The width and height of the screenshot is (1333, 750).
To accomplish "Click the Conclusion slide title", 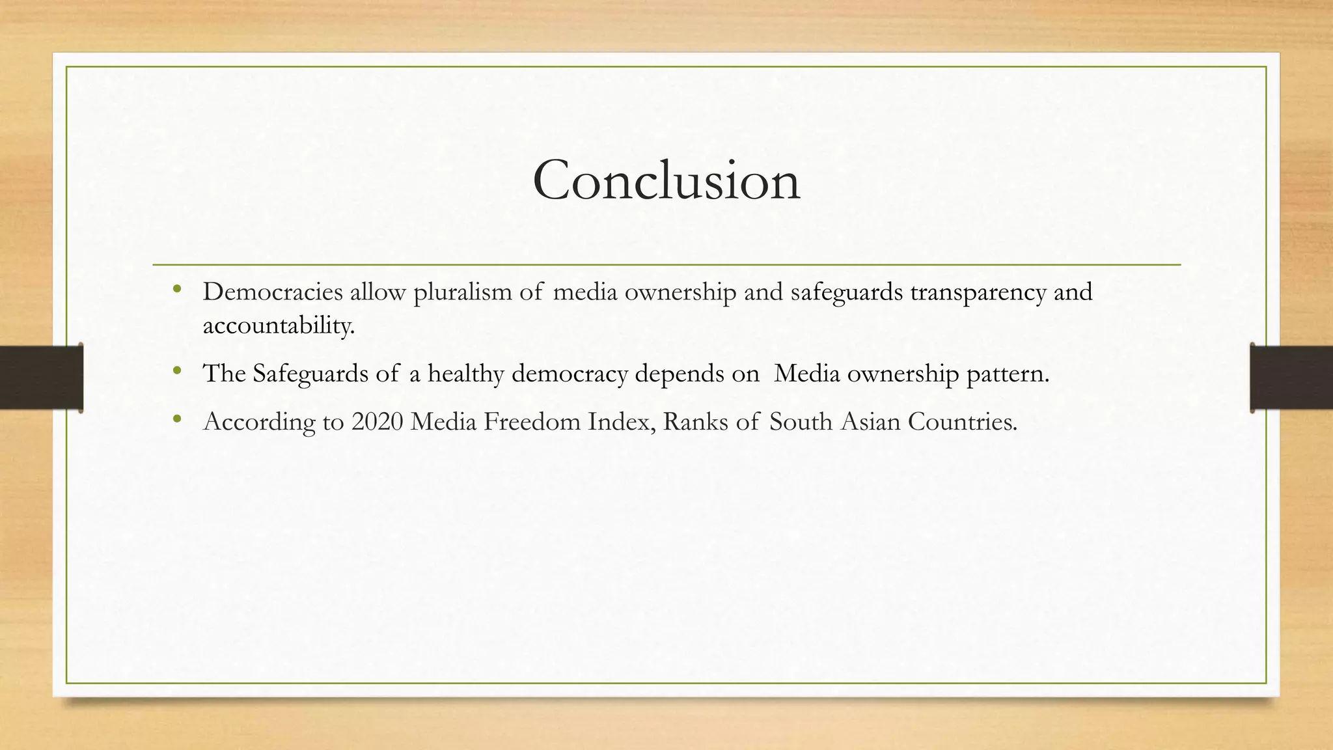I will (x=666, y=180).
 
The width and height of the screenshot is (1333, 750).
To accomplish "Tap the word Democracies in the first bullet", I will (x=273, y=292).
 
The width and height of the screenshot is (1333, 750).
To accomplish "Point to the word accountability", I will (x=279, y=325).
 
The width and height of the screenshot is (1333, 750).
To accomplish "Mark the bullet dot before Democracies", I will (x=178, y=290).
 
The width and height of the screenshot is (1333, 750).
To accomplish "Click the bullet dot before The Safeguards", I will (x=178, y=371).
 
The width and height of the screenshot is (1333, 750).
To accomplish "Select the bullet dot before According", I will (x=178, y=420).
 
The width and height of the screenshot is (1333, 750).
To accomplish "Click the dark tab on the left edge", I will (x=41, y=378).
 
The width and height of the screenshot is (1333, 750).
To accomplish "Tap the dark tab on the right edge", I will (x=1291, y=378).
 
